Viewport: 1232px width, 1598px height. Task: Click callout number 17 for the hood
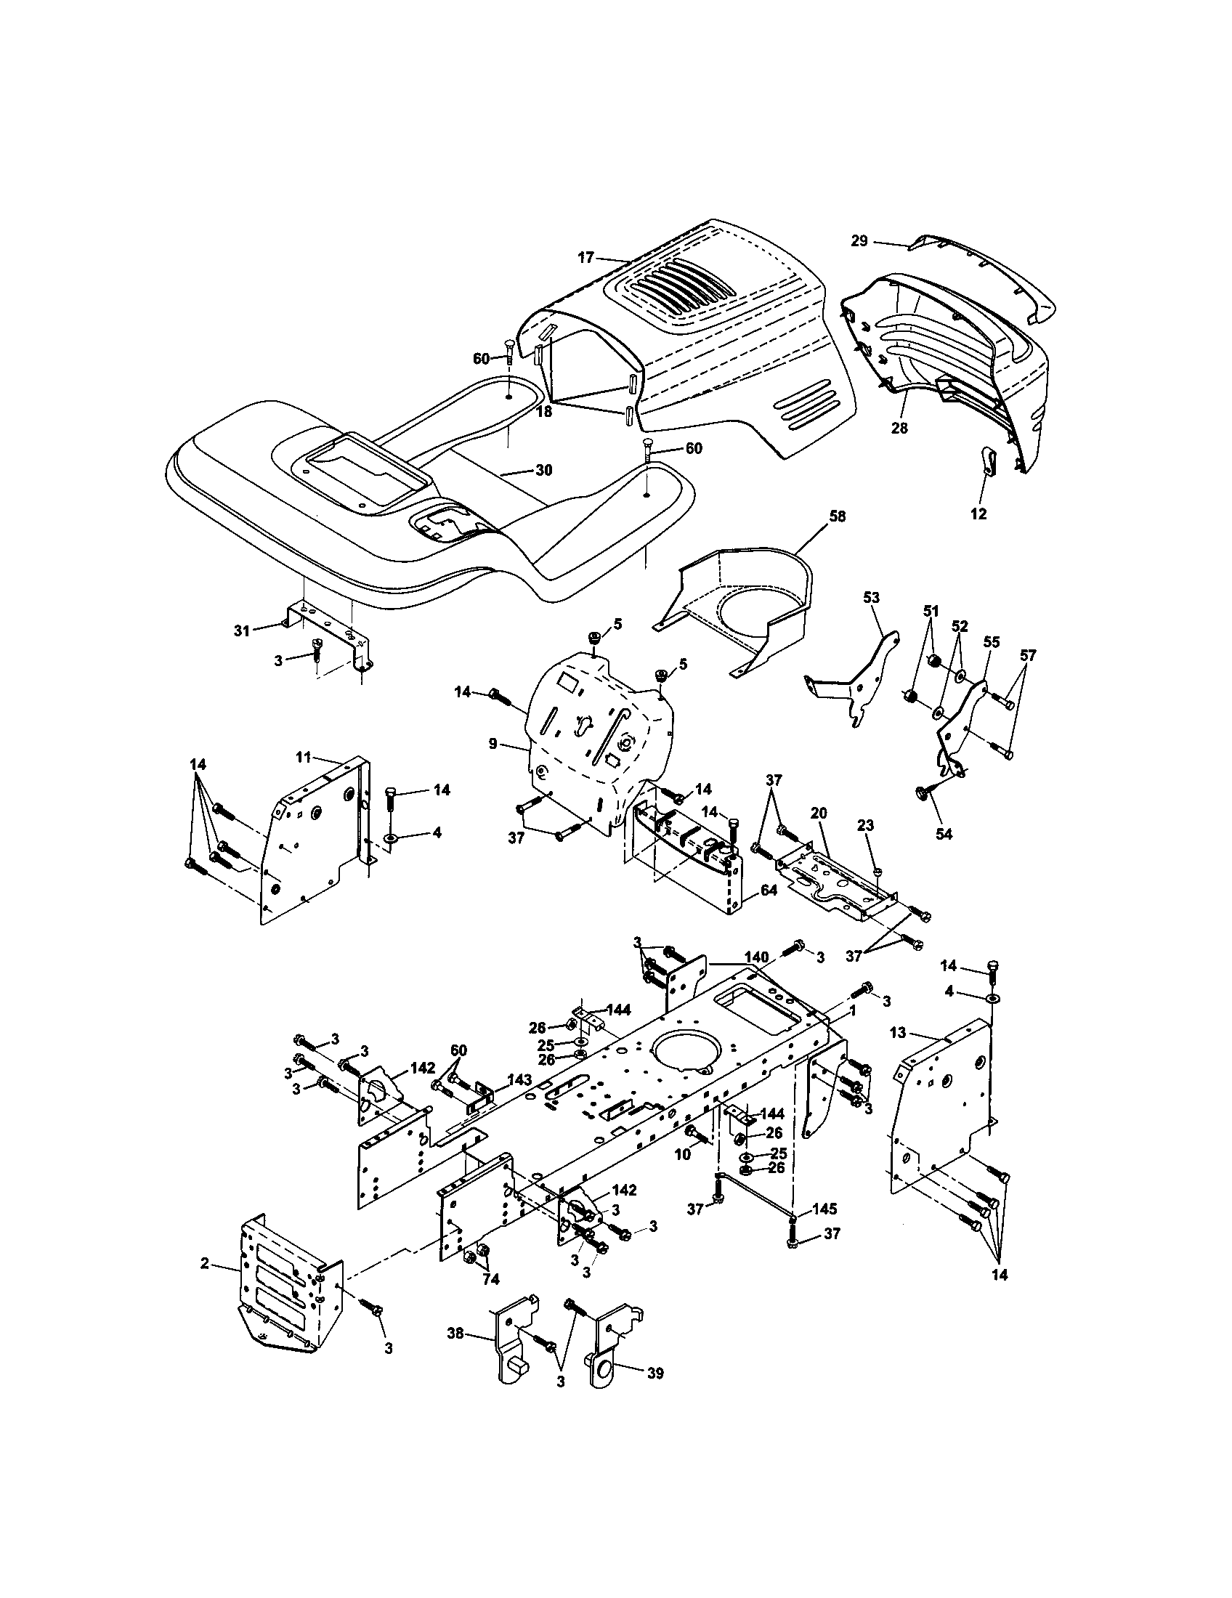tap(585, 258)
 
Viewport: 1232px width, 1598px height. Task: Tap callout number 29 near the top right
tap(859, 240)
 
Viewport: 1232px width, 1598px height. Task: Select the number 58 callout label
tap(837, 516)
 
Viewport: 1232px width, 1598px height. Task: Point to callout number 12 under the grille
tap(978, 514)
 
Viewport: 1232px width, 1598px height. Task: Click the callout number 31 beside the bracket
tap(242, 630)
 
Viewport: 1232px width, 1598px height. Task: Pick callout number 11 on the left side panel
tap(304, 757)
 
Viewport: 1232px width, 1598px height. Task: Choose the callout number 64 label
tap(768, 891)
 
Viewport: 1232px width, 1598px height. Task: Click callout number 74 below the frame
tap(490, 1279)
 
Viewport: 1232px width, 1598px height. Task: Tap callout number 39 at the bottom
tap(654, 1374)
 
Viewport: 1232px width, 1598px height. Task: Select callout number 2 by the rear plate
tap(205, 1263)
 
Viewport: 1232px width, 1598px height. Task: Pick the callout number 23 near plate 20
tap(865, 824)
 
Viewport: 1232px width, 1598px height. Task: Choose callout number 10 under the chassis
tap(682, 1155)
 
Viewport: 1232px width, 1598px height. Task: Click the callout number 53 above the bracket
tap(870, 598)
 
